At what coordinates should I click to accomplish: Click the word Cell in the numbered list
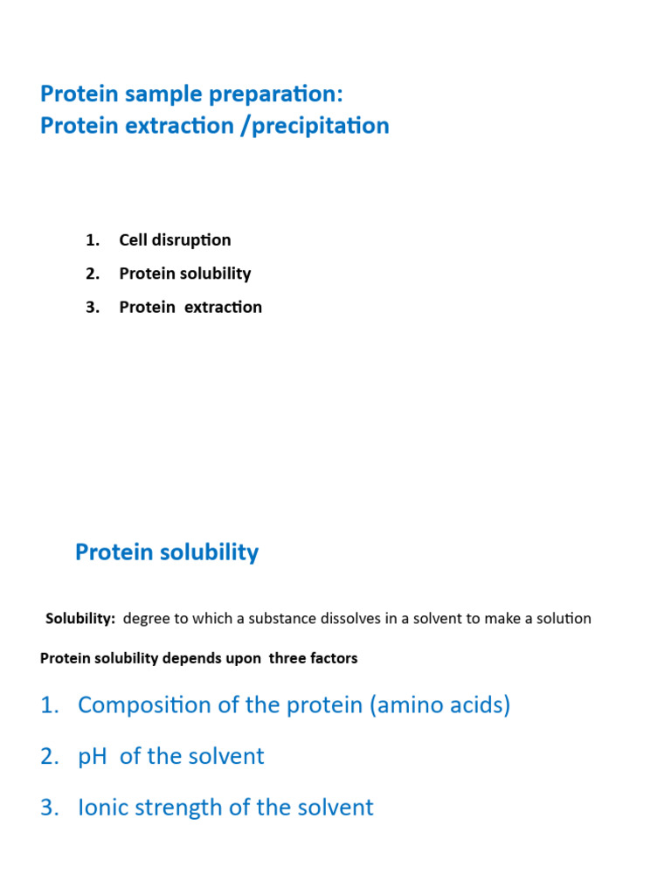pos(133,239)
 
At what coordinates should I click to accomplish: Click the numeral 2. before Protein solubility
pos(93,274)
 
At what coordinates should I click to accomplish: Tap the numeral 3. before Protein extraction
pos(93,307)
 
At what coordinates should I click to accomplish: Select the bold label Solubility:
pos(80,619)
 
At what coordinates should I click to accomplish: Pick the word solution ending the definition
pos(562,619)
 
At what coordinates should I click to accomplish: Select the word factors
pos(335,658)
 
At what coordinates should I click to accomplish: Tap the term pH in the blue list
pos(92,756)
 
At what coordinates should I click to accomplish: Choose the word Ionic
pos(105,807)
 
